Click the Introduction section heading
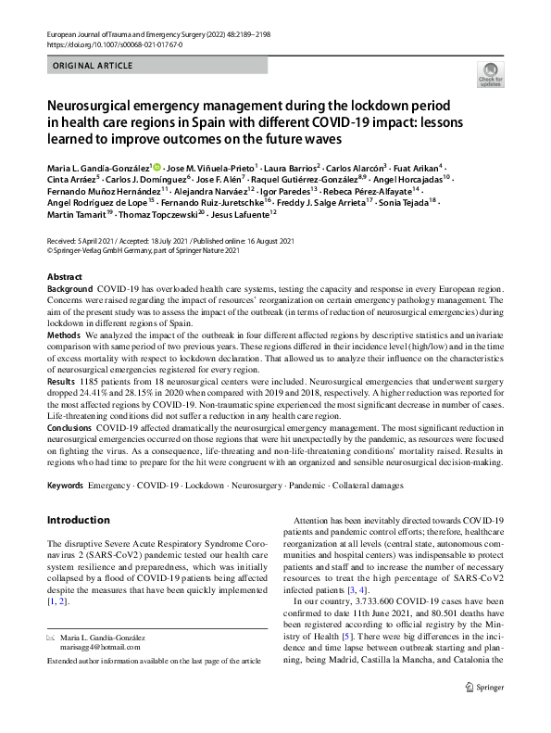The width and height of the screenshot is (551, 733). [x=85, y=521]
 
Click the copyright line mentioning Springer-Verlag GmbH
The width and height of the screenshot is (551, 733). [x=149, y=248]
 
